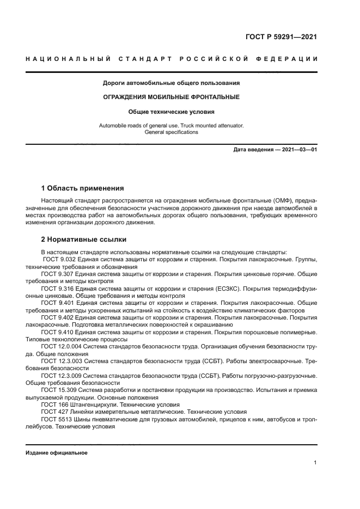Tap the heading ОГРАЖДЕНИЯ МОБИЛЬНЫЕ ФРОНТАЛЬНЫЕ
(172, 97)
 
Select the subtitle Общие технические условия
(172, 112)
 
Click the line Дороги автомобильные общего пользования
(172, 83)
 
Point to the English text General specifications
(172, 132)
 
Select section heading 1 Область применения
(83, 188)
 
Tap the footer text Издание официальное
(56, 453)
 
